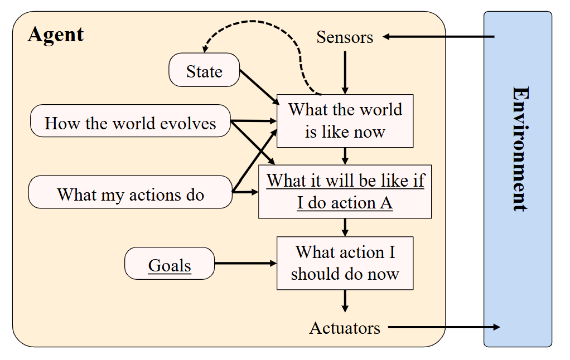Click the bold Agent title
[x=56, y=35]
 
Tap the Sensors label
[x=345, y=37]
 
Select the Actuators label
[x=345, y=328]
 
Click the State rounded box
[x=204, y=70]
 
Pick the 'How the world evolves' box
[x=130, y=121]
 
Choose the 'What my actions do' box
[x=130, y=192]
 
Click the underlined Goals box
[x=170, y=264]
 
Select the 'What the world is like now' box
[x=345, y=121]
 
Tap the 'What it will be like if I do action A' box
[x=345, y=192]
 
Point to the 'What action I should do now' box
[x=345, y=264]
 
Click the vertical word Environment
[x=520, y=149]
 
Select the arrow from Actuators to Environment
[x=444, y=327]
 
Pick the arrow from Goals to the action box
[x=245, y=264]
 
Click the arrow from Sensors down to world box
[x=345, y=72]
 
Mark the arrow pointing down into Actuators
[x=345, y=301]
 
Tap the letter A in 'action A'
[x=386, y=203]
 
